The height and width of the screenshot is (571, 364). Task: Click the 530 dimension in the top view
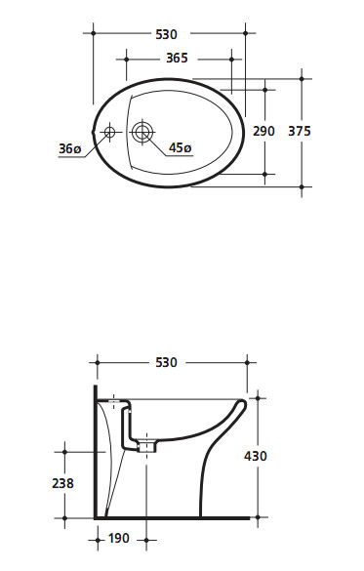coord(166,34)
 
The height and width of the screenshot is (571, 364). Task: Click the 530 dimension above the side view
coord(166,362)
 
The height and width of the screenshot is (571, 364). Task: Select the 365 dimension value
coord(177,58)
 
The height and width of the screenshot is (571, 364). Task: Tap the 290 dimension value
coord(263,131)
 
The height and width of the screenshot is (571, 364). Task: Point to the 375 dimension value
coord(300,131)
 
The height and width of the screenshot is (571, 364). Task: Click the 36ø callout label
coord(70,148)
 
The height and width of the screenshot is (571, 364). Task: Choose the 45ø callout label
coord(181,147)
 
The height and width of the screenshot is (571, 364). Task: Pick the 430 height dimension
coord(256,456)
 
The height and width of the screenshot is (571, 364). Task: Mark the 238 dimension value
coord(63,483)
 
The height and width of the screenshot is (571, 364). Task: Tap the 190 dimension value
coord(119,538)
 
